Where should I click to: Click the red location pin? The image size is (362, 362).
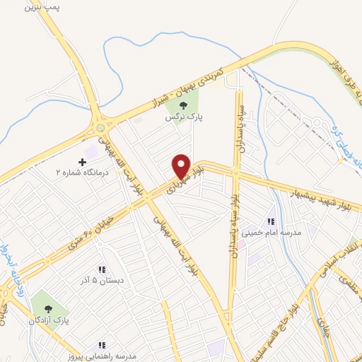click(x=181, y=166)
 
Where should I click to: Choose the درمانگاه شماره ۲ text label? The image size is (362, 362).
click(x=77, y=173)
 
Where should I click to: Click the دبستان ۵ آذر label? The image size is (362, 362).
click(x=100, y=279)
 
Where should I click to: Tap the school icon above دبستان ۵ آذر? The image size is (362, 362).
click(x=101, y=269)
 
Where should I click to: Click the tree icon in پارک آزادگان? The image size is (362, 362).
click(x=48, y=308)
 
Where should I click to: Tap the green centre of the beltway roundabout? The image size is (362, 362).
click(x=100, y=127)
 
